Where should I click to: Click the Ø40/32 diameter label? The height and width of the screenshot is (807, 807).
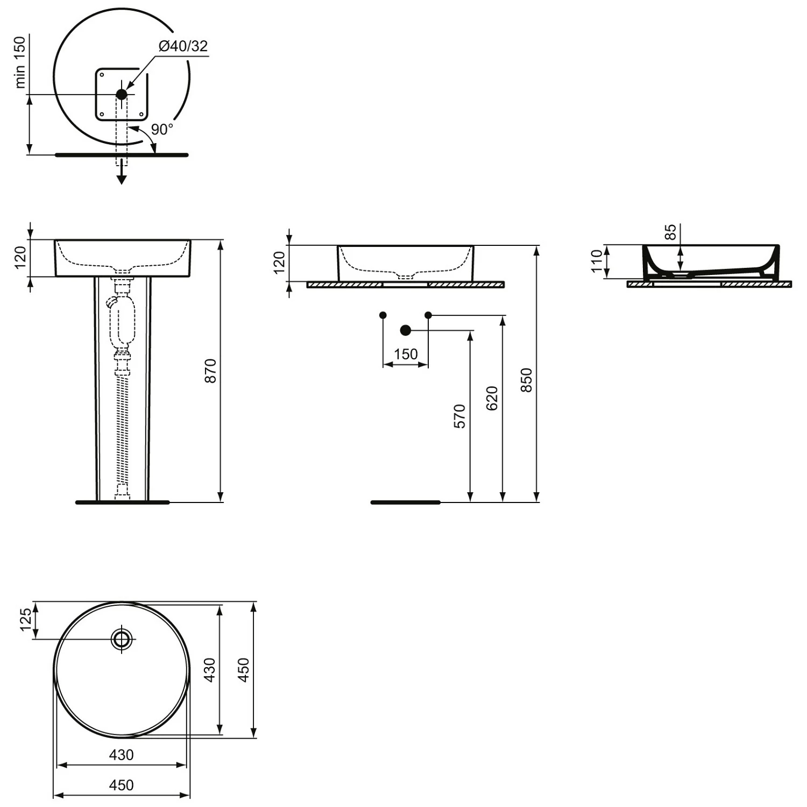(183, 46)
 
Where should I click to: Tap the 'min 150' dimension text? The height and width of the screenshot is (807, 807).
(20, 62)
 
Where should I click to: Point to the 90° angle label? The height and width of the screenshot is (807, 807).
(162, 130)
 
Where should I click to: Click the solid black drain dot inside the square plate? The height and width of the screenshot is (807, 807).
(122, 94)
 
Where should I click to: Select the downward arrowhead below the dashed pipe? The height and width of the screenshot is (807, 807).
(122, 179)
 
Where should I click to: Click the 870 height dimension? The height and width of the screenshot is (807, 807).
(211, 371)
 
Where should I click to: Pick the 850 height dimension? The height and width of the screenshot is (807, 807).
(527, 379)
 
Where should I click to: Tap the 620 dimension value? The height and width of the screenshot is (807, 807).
(492, 398)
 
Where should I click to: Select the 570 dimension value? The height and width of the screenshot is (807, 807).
(460, 416)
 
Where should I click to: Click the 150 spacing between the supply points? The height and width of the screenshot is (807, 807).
(406, 354)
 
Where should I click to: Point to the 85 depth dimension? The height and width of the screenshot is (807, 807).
(670, 232)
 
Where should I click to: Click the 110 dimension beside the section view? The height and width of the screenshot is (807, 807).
(597, 261)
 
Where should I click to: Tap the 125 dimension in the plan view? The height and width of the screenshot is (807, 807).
(25, 620)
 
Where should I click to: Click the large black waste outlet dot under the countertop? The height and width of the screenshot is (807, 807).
(406, 330)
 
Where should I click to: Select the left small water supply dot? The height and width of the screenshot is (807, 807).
(383, 315)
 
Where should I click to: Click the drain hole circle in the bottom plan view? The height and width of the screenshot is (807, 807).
(122, 639)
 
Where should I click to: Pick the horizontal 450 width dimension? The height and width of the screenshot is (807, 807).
(122, 785)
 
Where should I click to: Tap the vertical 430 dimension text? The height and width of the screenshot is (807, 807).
(210, 670)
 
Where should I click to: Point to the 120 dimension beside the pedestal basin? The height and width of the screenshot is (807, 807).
(20, 258)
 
